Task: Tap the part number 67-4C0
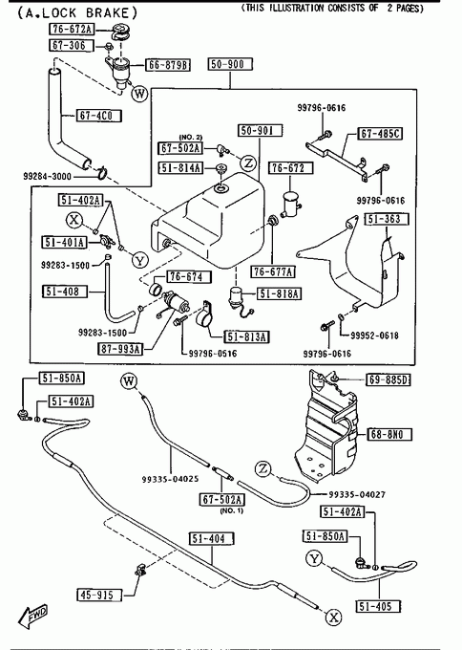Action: (x=99, y=116)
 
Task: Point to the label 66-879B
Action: (x=168, y=65)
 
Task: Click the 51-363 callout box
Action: (x=387, y=219)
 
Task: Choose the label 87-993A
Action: (x=120, y=349)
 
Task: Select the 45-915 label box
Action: (x=100, y=595)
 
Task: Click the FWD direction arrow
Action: (x=32, y=616)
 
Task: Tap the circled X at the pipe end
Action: (x=333, y=617)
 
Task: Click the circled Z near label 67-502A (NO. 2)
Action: (x=248, y=162)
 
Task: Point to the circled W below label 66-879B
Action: (x=139, y=93)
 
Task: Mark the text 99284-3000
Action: (x=47, y=176)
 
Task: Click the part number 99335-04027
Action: (x=357, y=494)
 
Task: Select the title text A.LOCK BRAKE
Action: (x=77, y=12)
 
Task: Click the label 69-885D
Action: (x=388, y=379)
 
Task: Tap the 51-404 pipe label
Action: (x=212, y=539)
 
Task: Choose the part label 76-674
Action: (x=189, y=277)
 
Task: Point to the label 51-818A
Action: (x=280, y=293)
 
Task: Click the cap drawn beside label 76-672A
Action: (x=120, y=32)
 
